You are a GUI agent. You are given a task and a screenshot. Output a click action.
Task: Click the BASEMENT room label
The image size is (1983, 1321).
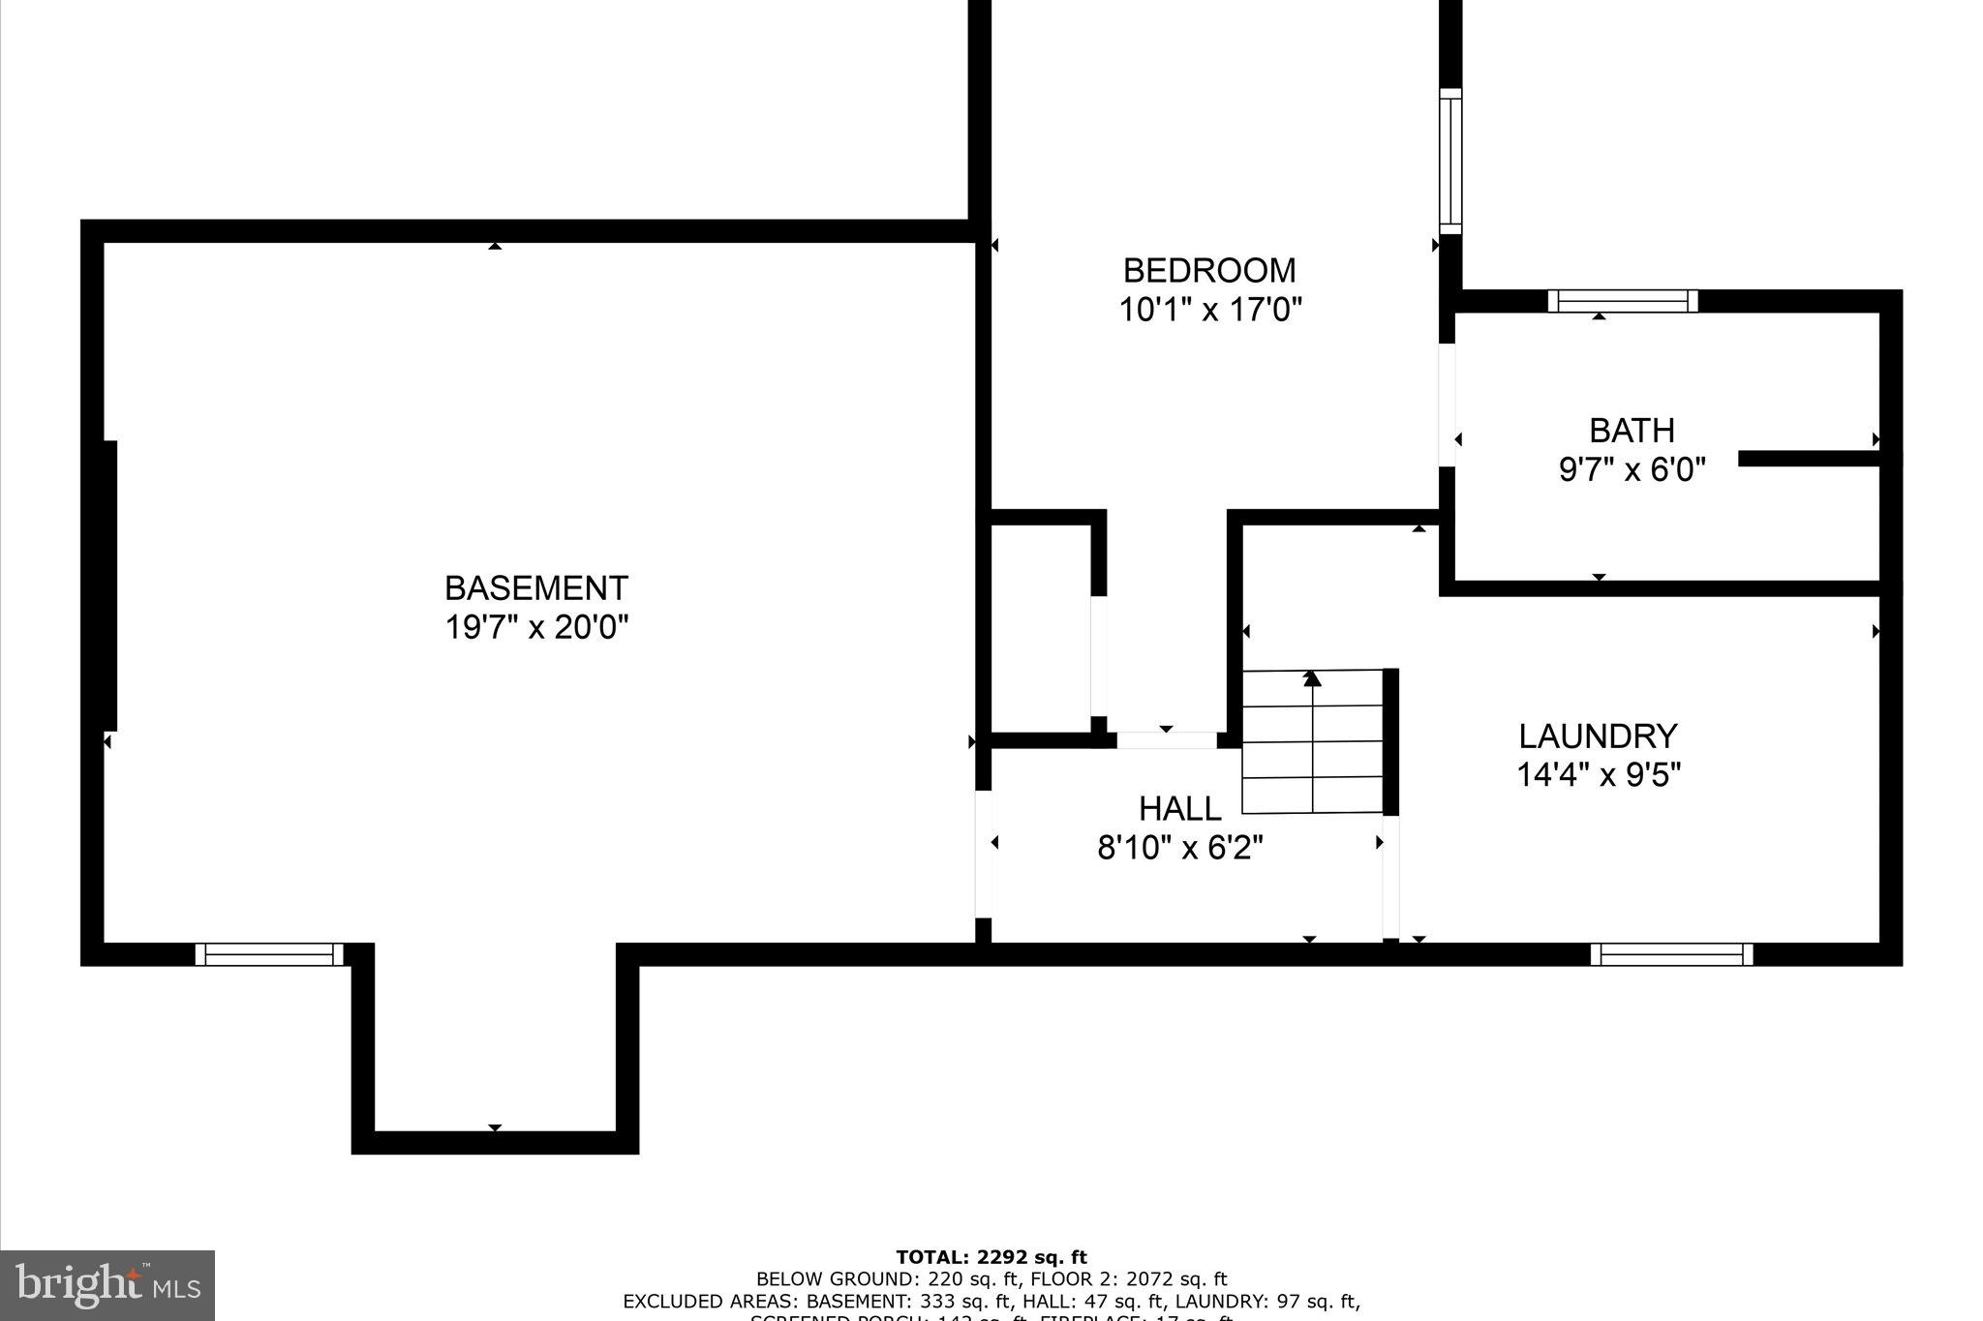pyautogui.click(x=535, y=587)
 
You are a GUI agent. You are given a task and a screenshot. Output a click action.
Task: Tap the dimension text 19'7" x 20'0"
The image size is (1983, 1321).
pyautogui.click(x=535, y=627)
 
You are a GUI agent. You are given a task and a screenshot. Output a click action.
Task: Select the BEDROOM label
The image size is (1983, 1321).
pyautogui.click(x=1208, y=270)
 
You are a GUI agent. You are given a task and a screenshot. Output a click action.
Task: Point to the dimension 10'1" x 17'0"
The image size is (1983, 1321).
pyautogui.click(x=1209, y=310)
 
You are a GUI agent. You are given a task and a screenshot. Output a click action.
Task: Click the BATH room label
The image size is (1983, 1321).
pyautogui.click(x=1631, y=430)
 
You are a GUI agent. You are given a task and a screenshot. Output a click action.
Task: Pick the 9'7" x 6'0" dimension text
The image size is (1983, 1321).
pyautogui.click(x=1631, y=469)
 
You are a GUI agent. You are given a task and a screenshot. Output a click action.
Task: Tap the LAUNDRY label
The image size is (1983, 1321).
pyautogui.click(x=1597, y=736)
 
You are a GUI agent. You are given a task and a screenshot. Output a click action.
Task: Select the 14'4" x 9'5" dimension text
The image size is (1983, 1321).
pyautogui.click(x=1598, y=775)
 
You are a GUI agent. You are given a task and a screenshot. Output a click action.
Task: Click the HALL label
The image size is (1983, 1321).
pyautogui.click(x=1179, y=808)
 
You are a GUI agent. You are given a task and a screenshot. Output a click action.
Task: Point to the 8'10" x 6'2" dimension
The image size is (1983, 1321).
pyautogui.click(x=1179, y=848)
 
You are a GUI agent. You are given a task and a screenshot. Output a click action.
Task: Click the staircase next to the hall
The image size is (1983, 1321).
pyautogui.click(x=1312, y=741)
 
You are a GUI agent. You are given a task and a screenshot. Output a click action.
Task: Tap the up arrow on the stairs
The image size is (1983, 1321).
pyautogui.click(x=1312, y=678)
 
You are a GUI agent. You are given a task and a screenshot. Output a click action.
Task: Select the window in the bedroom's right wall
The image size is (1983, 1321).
pyautogui.click(x=1449, y=161)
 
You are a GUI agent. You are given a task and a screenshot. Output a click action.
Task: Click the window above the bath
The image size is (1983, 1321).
pyautogui.click(x=1622, y=301)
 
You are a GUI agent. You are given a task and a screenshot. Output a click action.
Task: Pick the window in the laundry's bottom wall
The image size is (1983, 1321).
pyautogui.click(x=1671, y=954)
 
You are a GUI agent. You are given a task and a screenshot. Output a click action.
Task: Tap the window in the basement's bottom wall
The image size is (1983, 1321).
pyautogui.click(x=269, y=954)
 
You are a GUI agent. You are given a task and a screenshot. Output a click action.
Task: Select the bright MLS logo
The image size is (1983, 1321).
pyautogui.click(x=107, y=1284)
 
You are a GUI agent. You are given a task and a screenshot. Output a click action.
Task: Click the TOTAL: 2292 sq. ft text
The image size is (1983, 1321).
pyautogui.click(x=991, y=1257)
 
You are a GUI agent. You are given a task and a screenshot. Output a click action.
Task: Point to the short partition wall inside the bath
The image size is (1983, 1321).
pyautogui.click(x=1809, y=459)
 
